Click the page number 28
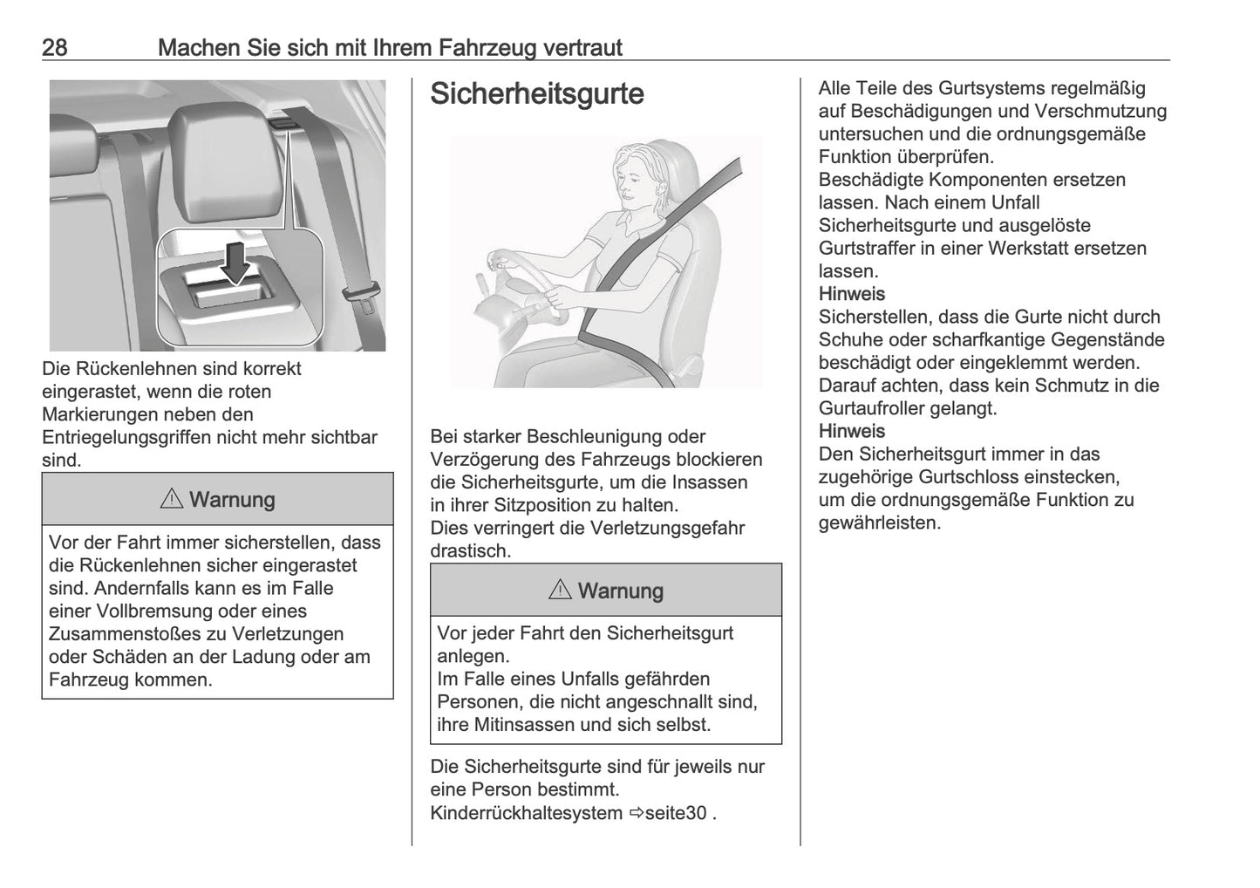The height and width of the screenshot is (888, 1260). click(54, 47)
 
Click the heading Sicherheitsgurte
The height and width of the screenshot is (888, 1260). click(536, 94)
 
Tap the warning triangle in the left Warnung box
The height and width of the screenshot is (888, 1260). click(171, 500)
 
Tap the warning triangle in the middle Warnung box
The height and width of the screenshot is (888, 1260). click(560, 591)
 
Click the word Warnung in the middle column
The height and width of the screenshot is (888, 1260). click(620, 591)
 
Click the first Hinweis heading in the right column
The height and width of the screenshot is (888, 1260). click(851, 294)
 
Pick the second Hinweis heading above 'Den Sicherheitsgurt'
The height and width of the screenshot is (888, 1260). click(851, 431)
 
